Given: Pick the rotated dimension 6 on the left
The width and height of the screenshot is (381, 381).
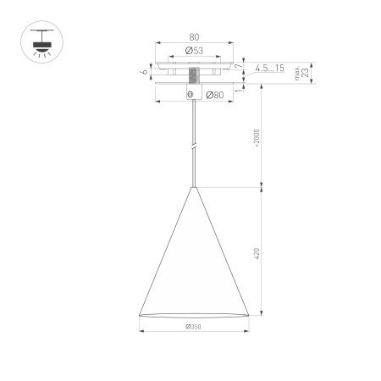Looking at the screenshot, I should click(x=146, y=72).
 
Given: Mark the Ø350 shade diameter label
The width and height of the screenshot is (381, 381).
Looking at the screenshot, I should click(x=195, y=327).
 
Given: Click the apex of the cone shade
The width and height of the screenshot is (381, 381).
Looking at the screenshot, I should click(x=195, y=186).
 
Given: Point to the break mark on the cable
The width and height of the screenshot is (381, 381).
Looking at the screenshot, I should click(x=195, y=146).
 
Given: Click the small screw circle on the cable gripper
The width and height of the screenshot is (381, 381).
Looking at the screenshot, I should click(x=190, y=93).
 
